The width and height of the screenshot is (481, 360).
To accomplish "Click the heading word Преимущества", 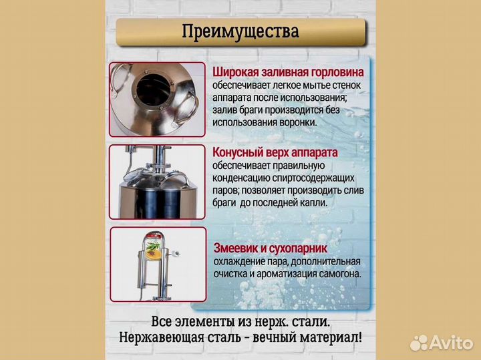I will (240, 31).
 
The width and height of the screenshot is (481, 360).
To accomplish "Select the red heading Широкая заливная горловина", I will (289, 72).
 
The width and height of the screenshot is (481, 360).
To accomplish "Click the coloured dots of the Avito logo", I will (418, 343).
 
